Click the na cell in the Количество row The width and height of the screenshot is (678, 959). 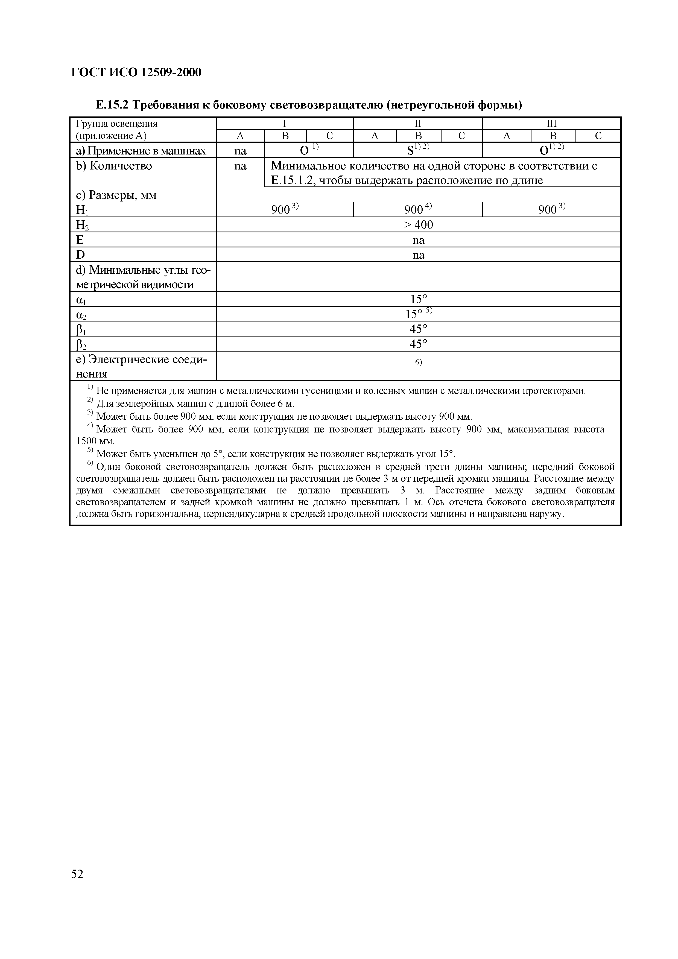tap(240, 166)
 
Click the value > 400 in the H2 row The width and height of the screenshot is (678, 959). tap(418, 225)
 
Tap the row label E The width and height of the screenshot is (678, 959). tap(80, 240)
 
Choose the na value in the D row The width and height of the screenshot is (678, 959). tap(418, 255)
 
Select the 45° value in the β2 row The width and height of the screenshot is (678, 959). tap(418, 344)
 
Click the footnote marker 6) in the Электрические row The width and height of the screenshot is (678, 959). tap(418, 362)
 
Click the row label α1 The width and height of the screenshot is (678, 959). tap(81, 299)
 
